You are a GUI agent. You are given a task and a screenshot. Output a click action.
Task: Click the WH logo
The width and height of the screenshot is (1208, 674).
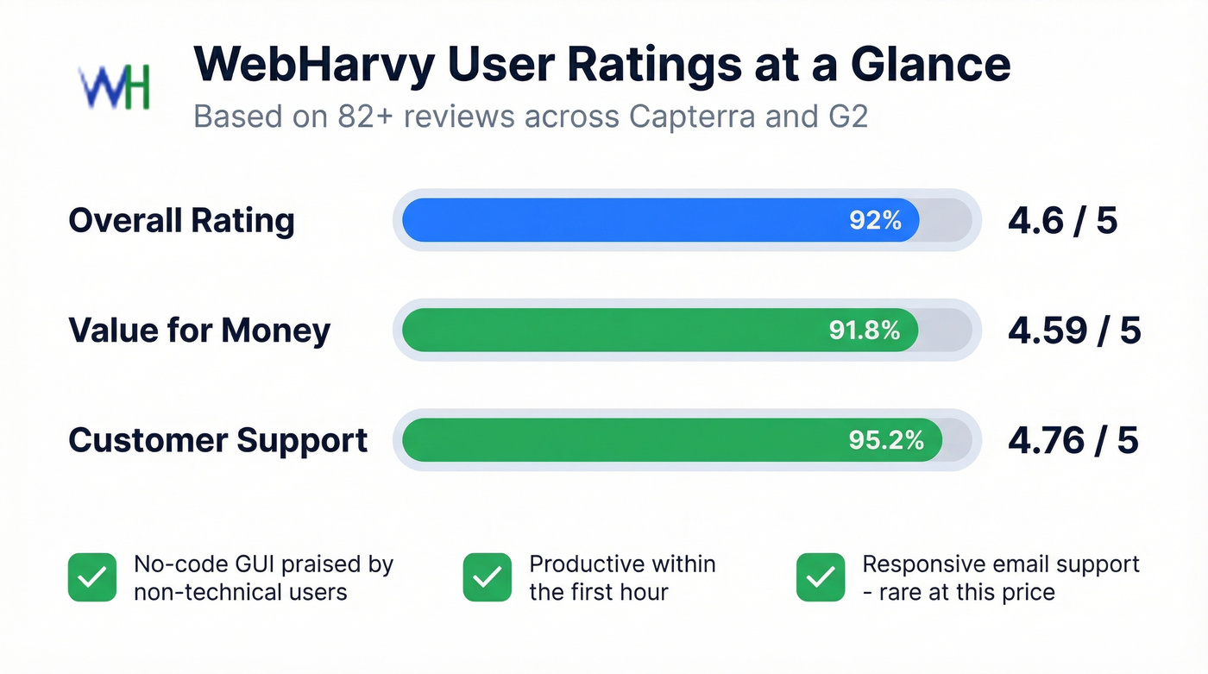(x=115, y=86)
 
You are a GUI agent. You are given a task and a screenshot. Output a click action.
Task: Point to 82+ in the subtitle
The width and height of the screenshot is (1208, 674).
(x=363, y=117)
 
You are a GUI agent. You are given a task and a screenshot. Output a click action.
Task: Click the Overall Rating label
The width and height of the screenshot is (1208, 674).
(x=181, y=221)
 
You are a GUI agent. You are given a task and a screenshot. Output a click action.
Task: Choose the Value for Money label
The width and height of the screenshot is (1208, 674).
(x=199, y=331)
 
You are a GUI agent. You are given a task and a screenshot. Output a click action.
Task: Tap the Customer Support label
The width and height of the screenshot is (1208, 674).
(x=217, y=440)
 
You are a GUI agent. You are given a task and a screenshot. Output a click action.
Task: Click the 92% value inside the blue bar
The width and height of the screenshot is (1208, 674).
(x=875, y=220)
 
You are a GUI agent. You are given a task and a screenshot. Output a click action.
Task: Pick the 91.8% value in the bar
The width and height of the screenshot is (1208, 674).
(x=865, y=331)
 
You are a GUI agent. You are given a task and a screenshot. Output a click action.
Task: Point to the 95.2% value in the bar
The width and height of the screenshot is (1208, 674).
(x=886, y=440)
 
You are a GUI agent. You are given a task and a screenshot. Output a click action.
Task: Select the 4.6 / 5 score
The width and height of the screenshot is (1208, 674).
(x=1062, y=221)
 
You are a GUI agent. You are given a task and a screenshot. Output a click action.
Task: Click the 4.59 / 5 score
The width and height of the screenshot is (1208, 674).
(x=1074, y=331)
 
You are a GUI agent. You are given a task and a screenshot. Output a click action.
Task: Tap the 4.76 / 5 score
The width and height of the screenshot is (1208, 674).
(x=1073, y=440)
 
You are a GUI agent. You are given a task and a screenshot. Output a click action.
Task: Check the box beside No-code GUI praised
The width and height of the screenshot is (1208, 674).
(x=92, y=577)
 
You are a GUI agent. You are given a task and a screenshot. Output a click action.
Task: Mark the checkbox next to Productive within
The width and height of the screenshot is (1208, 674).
(x=488, y=577)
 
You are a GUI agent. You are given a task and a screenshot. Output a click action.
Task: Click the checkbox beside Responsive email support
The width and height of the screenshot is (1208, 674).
(x=821, y=577)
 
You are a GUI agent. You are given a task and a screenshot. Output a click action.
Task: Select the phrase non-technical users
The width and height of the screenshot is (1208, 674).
(x=240, y=592)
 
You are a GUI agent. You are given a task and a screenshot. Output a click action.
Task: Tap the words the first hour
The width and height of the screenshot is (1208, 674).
(x=598, y=592)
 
